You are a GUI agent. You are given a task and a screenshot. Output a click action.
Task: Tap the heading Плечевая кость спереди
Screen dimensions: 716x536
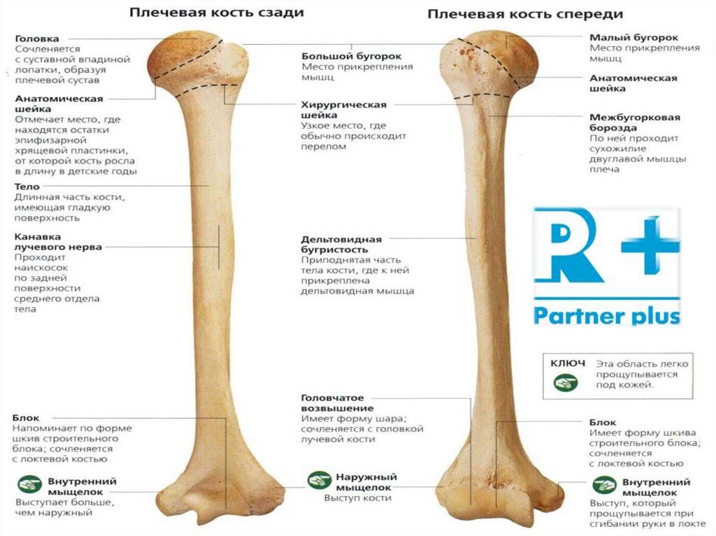pyautogui.click(x=525, y=13)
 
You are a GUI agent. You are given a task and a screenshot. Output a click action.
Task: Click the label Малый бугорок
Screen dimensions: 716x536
pyautogui.click(x=633, y=37)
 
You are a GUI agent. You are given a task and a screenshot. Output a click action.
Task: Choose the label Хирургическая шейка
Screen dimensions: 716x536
pyautogui.click(x=344, y=110)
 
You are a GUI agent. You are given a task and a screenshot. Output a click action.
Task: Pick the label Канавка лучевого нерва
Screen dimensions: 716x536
pyautogui.click(x=58, y=242)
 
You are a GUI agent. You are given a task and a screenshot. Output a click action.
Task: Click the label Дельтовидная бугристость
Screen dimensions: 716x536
pyautogui.click(x=342, y=244)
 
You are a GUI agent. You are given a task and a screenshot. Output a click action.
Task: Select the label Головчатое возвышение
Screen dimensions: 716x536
pyautogui.click(x=338, y=403)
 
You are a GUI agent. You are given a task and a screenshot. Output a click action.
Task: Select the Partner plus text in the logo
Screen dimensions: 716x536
pyautogui.click(x=607, y=315)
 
